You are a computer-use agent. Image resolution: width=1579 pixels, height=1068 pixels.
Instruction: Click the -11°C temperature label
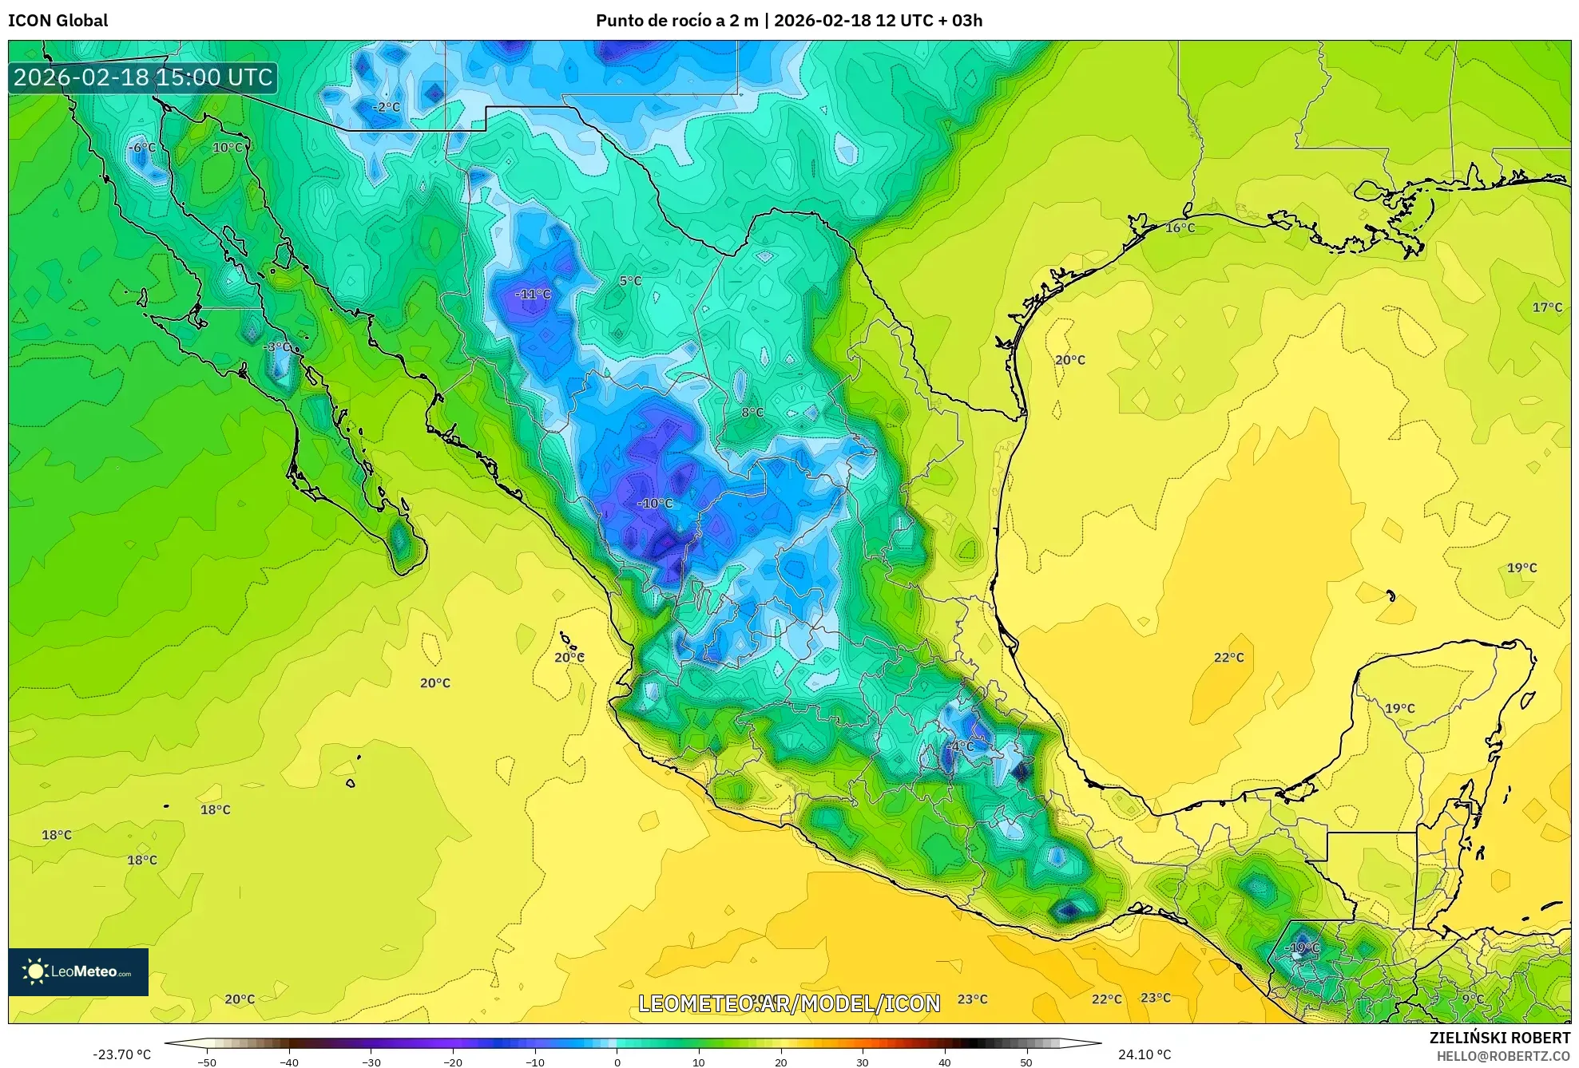tap(533, 295)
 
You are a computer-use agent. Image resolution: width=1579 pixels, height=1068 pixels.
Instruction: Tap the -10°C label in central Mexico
tap(655, 504)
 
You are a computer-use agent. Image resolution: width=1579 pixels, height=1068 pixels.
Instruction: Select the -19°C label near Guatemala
tap(1302, 947)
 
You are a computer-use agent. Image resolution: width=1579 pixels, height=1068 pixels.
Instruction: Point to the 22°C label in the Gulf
tap(1228, 658)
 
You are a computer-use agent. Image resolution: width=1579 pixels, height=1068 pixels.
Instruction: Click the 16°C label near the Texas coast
tap(1180, 228)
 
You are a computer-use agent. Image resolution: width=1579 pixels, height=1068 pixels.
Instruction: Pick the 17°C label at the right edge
tap(1546, 307)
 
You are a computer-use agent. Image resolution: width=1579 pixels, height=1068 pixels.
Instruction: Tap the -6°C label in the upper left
tap(142, 148)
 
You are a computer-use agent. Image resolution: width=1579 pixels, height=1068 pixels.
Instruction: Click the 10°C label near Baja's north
tap(228, 148)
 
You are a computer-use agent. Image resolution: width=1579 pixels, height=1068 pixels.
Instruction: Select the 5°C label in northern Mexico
tap(630, 281)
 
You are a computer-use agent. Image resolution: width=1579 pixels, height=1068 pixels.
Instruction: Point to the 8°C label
tap(752, 413)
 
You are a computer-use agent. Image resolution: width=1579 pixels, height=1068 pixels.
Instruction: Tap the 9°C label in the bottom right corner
tap(1473, 999)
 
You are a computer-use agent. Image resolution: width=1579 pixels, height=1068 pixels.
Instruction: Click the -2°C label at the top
tap(386, 107)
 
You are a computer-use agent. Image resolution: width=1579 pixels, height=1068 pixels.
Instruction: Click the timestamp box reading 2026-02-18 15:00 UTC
tap(143, 77)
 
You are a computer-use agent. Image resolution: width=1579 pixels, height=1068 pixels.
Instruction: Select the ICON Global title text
tap(58, 21)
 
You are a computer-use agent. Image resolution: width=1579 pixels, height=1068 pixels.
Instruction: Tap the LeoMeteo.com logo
tap(78, 971)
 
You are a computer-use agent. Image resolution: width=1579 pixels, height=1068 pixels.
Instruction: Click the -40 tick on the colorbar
tap(289, 1062)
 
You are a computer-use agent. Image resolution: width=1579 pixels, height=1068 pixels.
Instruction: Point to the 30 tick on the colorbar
tap(863, 1062)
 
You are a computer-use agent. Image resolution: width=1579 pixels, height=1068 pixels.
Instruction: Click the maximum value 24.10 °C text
tap(1144, 1054)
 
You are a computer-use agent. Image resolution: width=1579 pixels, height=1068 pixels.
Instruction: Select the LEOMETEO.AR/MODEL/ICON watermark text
tap(789, 1003)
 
